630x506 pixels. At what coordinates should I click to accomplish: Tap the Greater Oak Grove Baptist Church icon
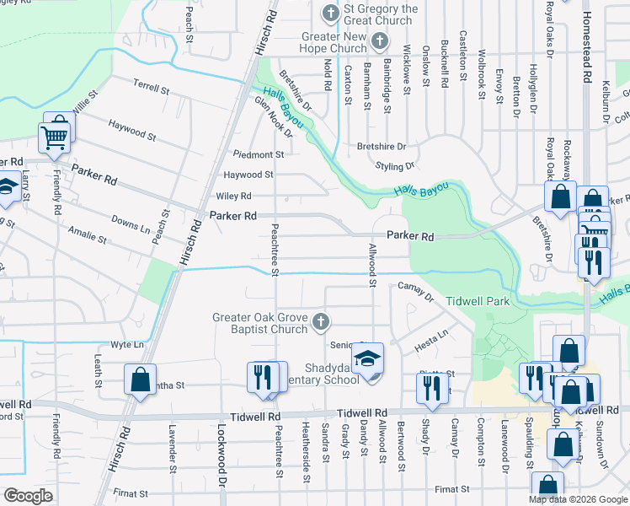[320, 321]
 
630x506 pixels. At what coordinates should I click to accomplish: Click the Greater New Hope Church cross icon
[379, 40]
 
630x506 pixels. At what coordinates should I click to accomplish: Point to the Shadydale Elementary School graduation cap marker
[368, 359]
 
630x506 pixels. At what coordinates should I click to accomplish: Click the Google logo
[29, 496]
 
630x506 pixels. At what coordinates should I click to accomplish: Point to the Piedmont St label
[259, 154]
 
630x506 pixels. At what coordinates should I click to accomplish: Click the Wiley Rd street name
[234, 196]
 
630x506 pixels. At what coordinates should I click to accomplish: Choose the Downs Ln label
[131, 223]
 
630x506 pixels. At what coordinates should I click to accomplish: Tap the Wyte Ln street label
[127, 345]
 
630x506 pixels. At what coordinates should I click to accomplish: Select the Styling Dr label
[399, 166]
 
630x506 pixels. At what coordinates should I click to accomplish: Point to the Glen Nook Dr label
[273, 116]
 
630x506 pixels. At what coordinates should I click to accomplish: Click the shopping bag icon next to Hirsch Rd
[141, 379]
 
